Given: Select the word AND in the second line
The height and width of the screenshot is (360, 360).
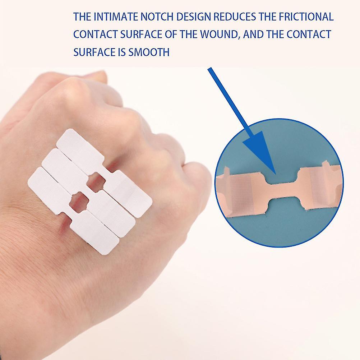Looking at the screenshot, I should tap(254, 34).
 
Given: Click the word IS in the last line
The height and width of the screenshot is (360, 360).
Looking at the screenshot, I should tap(121, 52).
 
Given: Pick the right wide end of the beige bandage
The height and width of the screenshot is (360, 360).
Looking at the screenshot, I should tap(320, 187).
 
